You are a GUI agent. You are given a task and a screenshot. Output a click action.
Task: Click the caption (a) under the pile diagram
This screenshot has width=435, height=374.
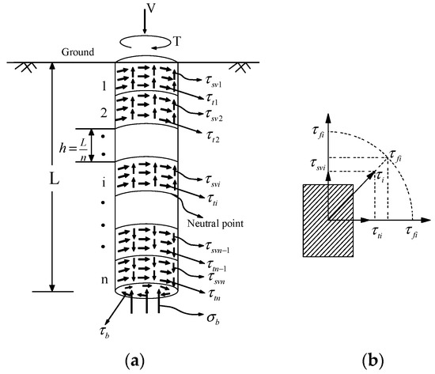[x=149, y=360]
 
